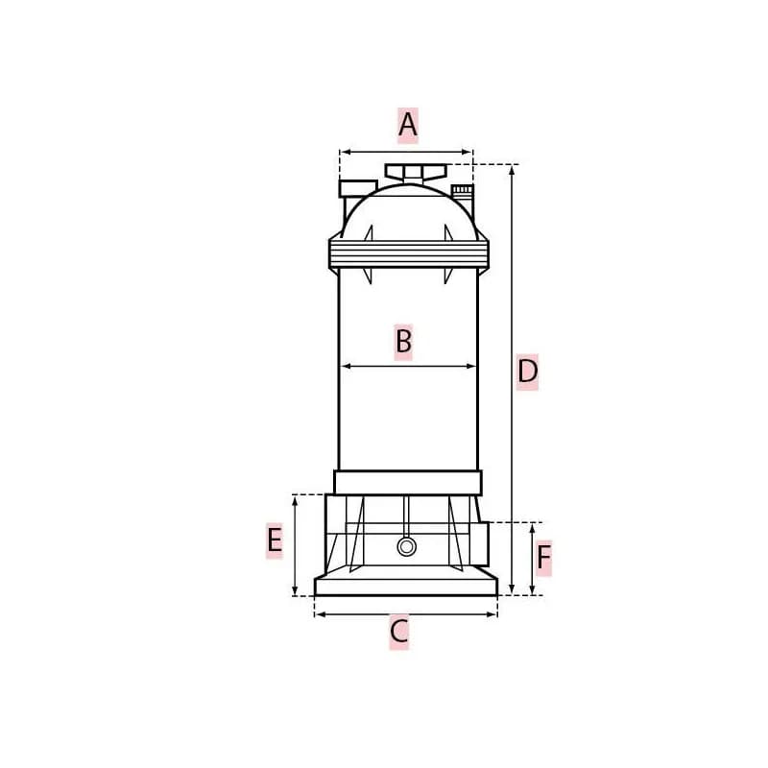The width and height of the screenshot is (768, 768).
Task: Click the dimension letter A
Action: [407, 125]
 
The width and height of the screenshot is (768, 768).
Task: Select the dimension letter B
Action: [403, 341]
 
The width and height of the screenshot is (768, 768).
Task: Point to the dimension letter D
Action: [527, 372]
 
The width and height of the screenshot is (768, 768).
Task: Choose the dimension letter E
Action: [275, 540]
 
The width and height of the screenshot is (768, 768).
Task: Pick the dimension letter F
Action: [543, 558]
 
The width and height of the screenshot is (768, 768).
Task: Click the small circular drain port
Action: [406, 546]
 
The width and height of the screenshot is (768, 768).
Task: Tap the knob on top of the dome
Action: [416, 173]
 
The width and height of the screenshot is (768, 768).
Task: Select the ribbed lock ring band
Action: [409, 254]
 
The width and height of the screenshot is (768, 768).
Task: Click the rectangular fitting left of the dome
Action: [358, 188]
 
